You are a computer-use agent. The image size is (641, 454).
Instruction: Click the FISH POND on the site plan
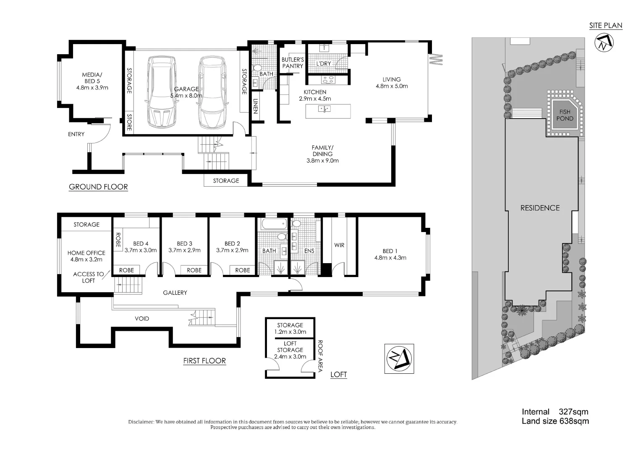click(565, 115)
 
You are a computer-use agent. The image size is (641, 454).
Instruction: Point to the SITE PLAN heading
click(605, 26)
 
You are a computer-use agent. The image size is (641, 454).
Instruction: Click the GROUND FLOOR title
click(98, 187)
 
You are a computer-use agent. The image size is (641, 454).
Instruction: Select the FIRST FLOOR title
click(204, 361)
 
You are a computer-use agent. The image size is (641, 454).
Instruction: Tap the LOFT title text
click(338, 375)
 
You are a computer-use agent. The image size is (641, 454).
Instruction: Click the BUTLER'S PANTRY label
click(293, 63)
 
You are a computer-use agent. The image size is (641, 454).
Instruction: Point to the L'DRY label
click(323, 63)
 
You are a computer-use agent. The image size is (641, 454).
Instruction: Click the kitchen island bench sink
click(324, 109)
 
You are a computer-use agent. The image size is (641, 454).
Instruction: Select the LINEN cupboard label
click(255, 106)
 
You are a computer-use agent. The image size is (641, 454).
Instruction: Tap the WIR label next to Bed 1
click(339, 245)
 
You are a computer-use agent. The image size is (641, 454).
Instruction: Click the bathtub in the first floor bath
click(273, 224)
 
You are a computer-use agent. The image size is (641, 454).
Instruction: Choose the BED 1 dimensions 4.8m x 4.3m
click(390, 258)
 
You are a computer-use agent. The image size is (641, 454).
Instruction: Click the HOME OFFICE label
click(86, 253)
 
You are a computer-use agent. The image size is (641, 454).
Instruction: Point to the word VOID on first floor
click(142, 319)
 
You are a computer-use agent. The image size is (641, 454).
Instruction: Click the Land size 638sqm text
click(555, 421)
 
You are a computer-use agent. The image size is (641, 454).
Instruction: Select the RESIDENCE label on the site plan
click(540, 208)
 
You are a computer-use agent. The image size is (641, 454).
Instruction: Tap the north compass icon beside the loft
click(399, 359)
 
